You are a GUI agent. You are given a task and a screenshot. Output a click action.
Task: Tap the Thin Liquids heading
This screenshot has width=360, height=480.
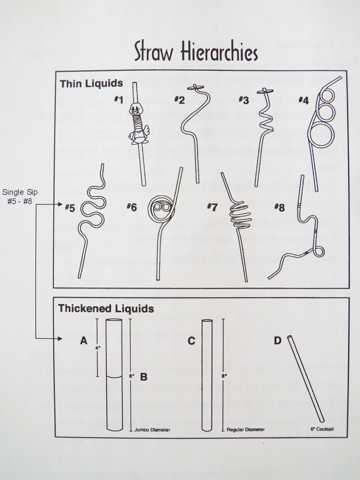coord(91,83)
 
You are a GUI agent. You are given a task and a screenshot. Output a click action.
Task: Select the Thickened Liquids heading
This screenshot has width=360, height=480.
coord(106,308)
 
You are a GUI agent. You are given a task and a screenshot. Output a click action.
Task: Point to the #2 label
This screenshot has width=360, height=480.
coord(180,100)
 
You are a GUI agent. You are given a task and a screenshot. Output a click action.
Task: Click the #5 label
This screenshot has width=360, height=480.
coord(70,208)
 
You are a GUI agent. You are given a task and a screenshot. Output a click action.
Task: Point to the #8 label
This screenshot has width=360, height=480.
coord(279,207)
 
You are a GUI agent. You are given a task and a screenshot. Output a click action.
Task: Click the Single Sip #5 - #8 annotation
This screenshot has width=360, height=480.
coord(20,196)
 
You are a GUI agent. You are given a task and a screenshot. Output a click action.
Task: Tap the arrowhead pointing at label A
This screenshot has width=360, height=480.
coord(60,339)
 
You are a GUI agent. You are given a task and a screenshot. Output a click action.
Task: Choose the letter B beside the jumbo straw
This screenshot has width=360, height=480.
coord(144,377)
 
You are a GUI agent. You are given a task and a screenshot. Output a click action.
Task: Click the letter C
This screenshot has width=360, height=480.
coord(191,341)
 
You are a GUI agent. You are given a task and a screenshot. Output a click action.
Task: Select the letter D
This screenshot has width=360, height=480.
coord(277,340)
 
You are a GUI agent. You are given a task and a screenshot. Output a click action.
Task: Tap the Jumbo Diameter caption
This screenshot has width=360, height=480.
coord(152,430)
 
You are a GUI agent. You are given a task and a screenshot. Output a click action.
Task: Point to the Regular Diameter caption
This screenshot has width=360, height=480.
coord(245,429)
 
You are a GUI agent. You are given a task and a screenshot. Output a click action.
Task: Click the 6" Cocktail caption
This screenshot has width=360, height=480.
coord(322,429)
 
